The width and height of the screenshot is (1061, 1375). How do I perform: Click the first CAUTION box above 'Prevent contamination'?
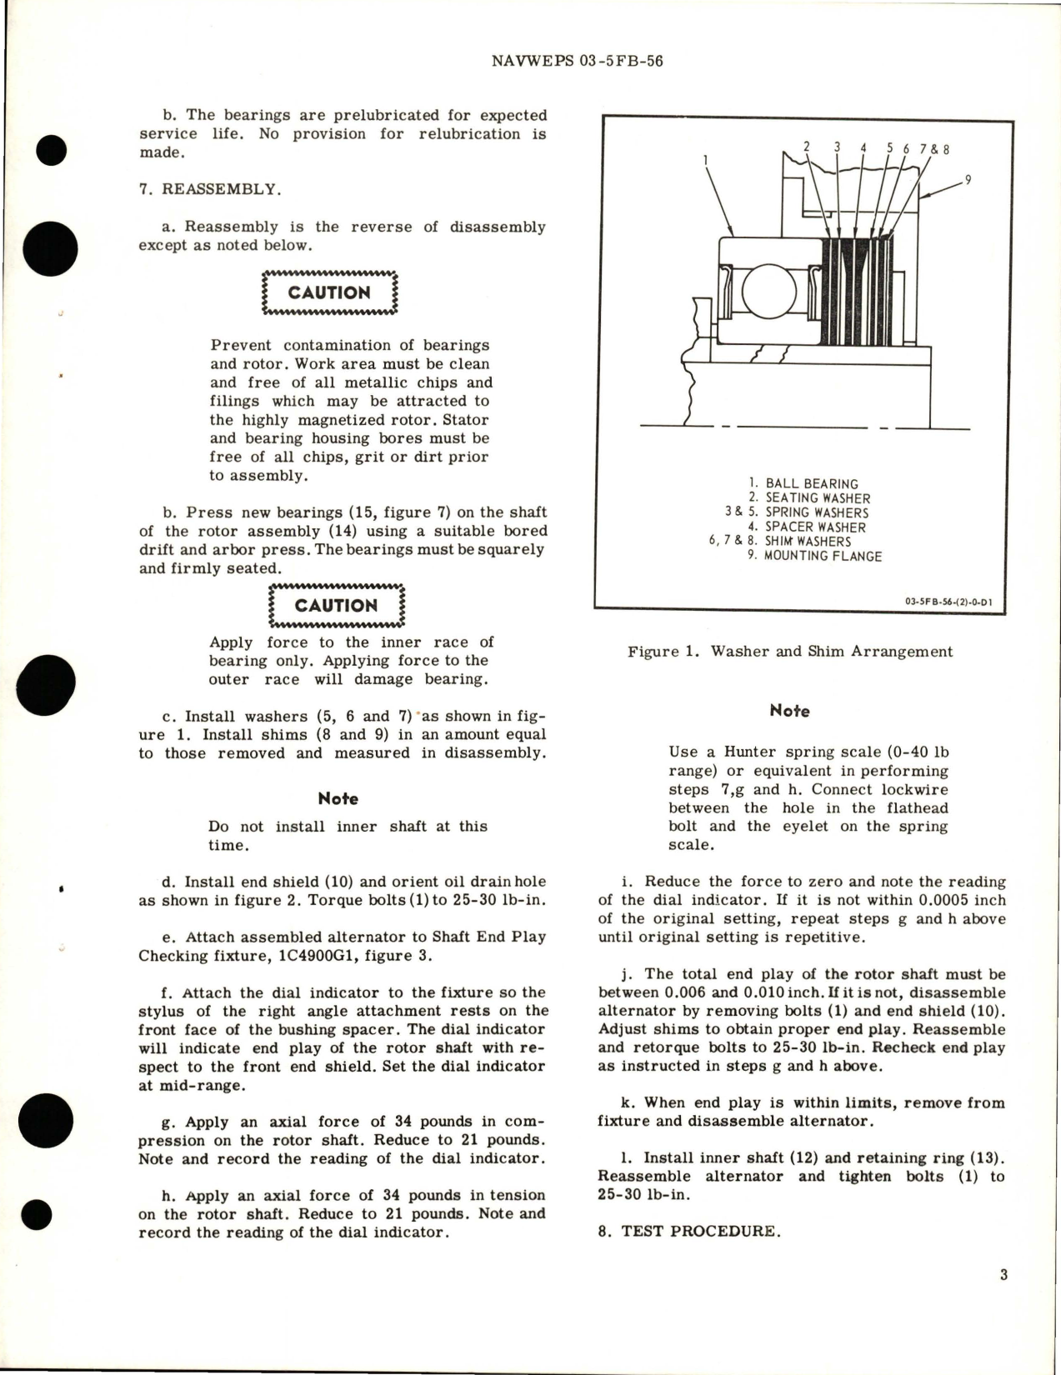tap(329, 292)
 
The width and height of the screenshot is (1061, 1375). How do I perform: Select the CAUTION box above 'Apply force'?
tap(336, 605)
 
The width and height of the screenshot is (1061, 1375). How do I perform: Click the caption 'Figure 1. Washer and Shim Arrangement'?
tap(789, 652)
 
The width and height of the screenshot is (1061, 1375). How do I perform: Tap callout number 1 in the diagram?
tap(705, 157)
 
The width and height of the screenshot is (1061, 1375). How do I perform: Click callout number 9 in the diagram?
tap(967, 178)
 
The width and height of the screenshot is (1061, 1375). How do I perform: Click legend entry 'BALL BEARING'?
tap(811, 484)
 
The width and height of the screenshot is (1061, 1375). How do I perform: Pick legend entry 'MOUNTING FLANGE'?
tap(823, 556)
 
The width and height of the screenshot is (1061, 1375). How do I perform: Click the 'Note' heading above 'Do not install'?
tap(338, 798)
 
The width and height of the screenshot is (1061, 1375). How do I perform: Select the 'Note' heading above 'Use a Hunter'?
tap(789, 711)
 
